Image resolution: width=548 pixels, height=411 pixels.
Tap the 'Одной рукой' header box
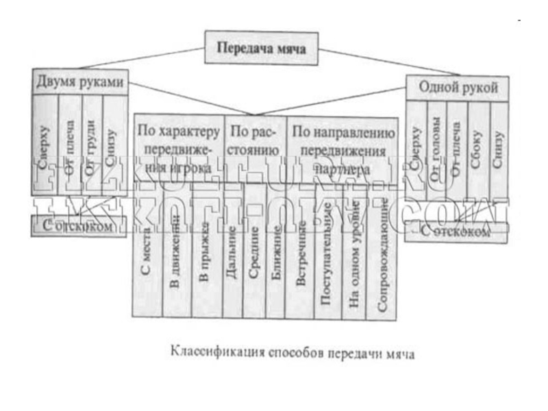point(458,88)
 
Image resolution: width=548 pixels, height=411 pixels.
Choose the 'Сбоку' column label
point(478,144)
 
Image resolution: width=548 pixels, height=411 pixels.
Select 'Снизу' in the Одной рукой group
point(499,144)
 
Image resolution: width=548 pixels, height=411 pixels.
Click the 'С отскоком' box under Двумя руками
point(79,225)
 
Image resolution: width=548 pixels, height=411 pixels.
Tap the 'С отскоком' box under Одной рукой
point(456,232)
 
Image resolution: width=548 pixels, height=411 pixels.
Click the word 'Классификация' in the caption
point(210,354)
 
